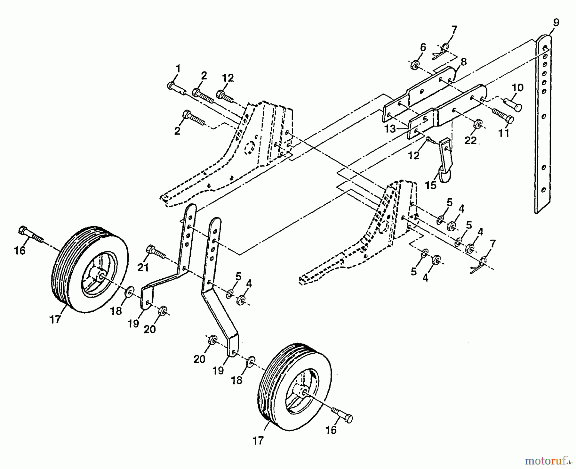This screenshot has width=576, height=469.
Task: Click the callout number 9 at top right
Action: pyautogui.click(x=556, y=22)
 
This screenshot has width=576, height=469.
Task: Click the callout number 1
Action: pyautogui.click(x=178, y=68)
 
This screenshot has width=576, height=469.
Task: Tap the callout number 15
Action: pyautogui.click(x=431, y=185)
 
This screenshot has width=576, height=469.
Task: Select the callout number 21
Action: pyautogui.click(x=143, y=267)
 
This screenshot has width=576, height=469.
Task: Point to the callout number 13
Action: pyautogui.click(x=390, y=129)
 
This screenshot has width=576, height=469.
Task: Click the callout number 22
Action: pyautogui.click(x=470, y=140)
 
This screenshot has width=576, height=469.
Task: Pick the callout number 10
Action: pyautogui.click(x=517, y=87)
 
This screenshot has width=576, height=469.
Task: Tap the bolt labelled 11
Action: pyautogui.click(x=503, y=116)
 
